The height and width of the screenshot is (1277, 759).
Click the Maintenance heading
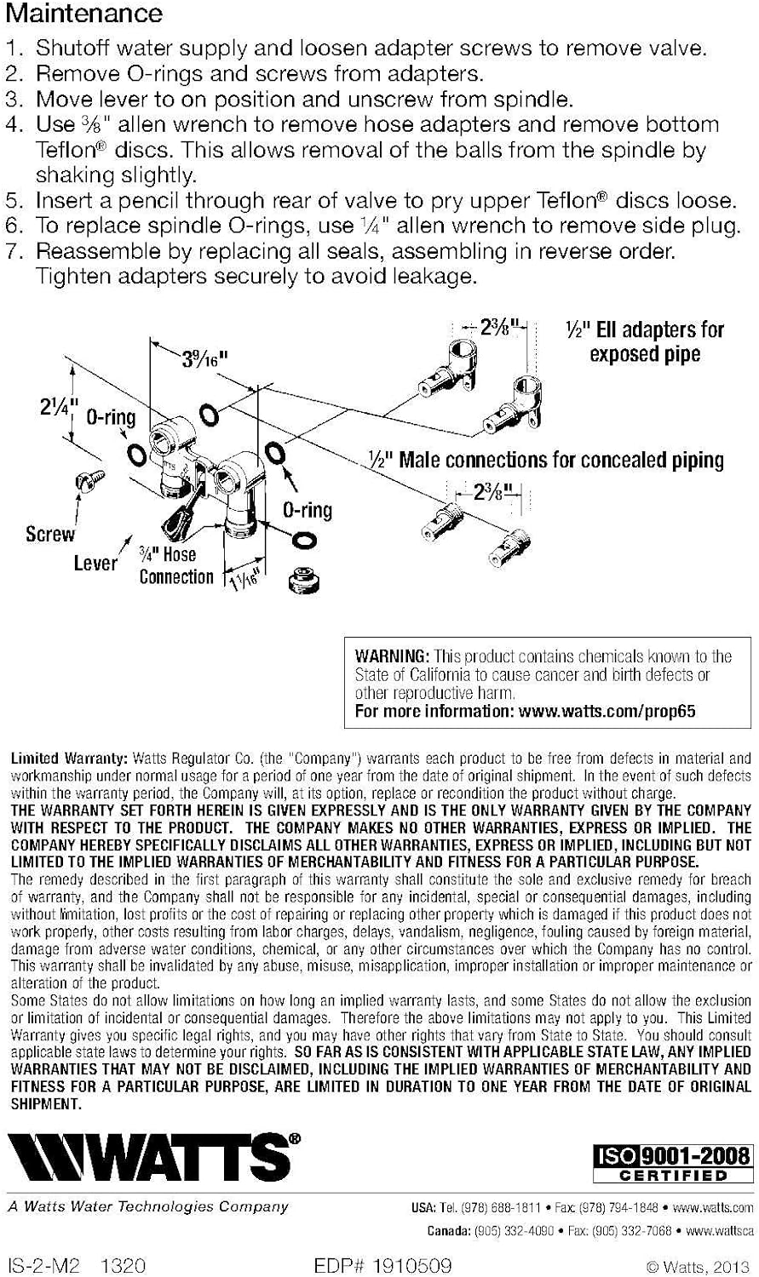pos(83,13)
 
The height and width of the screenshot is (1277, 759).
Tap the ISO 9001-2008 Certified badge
pos(672,1164)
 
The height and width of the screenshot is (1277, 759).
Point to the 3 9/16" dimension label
pos(204,359)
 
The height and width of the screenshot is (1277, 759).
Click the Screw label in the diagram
pos(50,534)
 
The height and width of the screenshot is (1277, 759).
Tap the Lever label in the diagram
pos(95,564)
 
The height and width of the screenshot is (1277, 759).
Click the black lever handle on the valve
pos(176,517)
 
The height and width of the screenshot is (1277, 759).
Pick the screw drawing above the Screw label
pos(89,479)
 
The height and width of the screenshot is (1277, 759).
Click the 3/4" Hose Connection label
pos(175,565)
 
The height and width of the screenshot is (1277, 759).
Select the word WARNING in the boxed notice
pos(391,656)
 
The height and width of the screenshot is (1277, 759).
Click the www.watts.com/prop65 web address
pos(607,711)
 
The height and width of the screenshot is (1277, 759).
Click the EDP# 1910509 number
pos(382,1266)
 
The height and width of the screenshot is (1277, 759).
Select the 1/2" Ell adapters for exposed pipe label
pos(644,342)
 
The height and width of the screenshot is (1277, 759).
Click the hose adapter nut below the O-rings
pos(304,579)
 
